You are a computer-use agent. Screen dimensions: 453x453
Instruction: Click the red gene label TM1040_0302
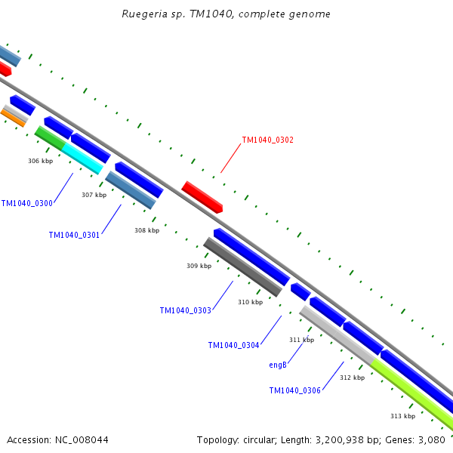(267, 140)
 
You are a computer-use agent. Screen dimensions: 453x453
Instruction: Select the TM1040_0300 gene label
(27, 203)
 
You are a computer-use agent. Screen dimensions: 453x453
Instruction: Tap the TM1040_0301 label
(74, 235)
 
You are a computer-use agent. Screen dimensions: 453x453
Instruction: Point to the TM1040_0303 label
(186, 310)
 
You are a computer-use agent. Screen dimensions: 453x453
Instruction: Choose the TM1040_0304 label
(233, 345)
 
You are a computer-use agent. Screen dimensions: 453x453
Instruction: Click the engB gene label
(278, 365)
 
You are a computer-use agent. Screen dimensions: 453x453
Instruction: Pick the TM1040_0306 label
(295, 390)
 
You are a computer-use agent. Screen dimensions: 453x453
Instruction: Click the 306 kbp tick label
(41, 161)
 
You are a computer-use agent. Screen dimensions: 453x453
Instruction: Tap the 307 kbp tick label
(94, 195)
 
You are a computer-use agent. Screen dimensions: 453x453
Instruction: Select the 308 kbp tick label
(146, 230)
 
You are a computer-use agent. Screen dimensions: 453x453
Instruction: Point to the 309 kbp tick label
(199, 266)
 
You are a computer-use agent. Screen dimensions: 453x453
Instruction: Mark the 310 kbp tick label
(250, 302)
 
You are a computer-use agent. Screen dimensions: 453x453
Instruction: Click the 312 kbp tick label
(352, 377)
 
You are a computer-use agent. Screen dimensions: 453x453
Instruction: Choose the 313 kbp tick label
(402, 416)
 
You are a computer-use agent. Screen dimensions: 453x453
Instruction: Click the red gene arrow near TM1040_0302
(202, 197)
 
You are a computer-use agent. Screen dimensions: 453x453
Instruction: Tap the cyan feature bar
(82, 159)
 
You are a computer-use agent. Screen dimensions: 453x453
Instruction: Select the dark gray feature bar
(242, 267)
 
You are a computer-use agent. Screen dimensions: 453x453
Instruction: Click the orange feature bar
(13, 119)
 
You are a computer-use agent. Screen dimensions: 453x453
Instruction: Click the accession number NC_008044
(82, 440)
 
